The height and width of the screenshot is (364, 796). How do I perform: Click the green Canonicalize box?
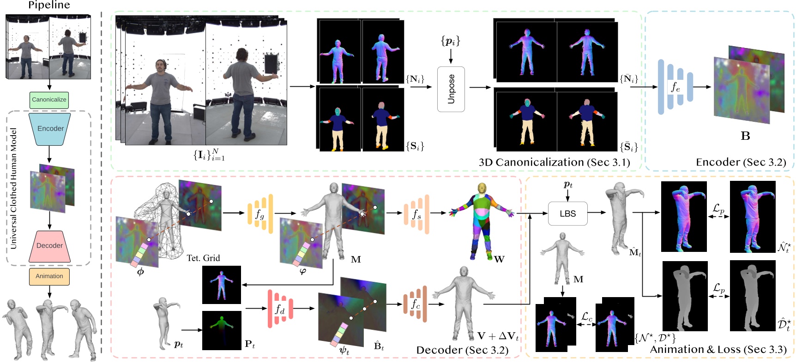(x=49, y=100)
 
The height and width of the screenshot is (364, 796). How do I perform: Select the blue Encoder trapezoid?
(x=50, y=129)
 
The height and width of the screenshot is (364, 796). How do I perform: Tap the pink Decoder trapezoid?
(x=49, y=245)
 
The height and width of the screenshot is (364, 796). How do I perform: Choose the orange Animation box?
(x=49, y=276)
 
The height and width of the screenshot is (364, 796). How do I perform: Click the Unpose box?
(x=451, y=89)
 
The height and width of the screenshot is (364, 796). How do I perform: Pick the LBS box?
(x=567, y=214)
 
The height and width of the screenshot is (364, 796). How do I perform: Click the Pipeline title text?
(x=49, y=6)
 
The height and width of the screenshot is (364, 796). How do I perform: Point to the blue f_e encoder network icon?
(x=675, y=87)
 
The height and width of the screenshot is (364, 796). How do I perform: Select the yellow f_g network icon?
(x=260, y=214)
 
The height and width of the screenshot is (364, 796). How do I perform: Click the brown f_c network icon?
(x=415, y=304)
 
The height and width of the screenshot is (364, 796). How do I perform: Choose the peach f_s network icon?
(x=416, y=213)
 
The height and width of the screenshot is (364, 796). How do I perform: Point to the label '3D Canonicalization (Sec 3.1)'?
(x=554, y=162)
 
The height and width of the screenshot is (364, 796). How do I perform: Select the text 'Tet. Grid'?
(x=203, y=258)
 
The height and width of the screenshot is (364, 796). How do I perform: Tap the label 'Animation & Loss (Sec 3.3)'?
(x=718, y=349)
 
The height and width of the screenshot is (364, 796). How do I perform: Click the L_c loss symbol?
(x=586, y=317)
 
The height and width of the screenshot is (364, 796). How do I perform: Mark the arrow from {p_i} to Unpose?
(x=451, y=56)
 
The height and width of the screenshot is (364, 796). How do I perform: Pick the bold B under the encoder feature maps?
(x=745, y=136)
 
